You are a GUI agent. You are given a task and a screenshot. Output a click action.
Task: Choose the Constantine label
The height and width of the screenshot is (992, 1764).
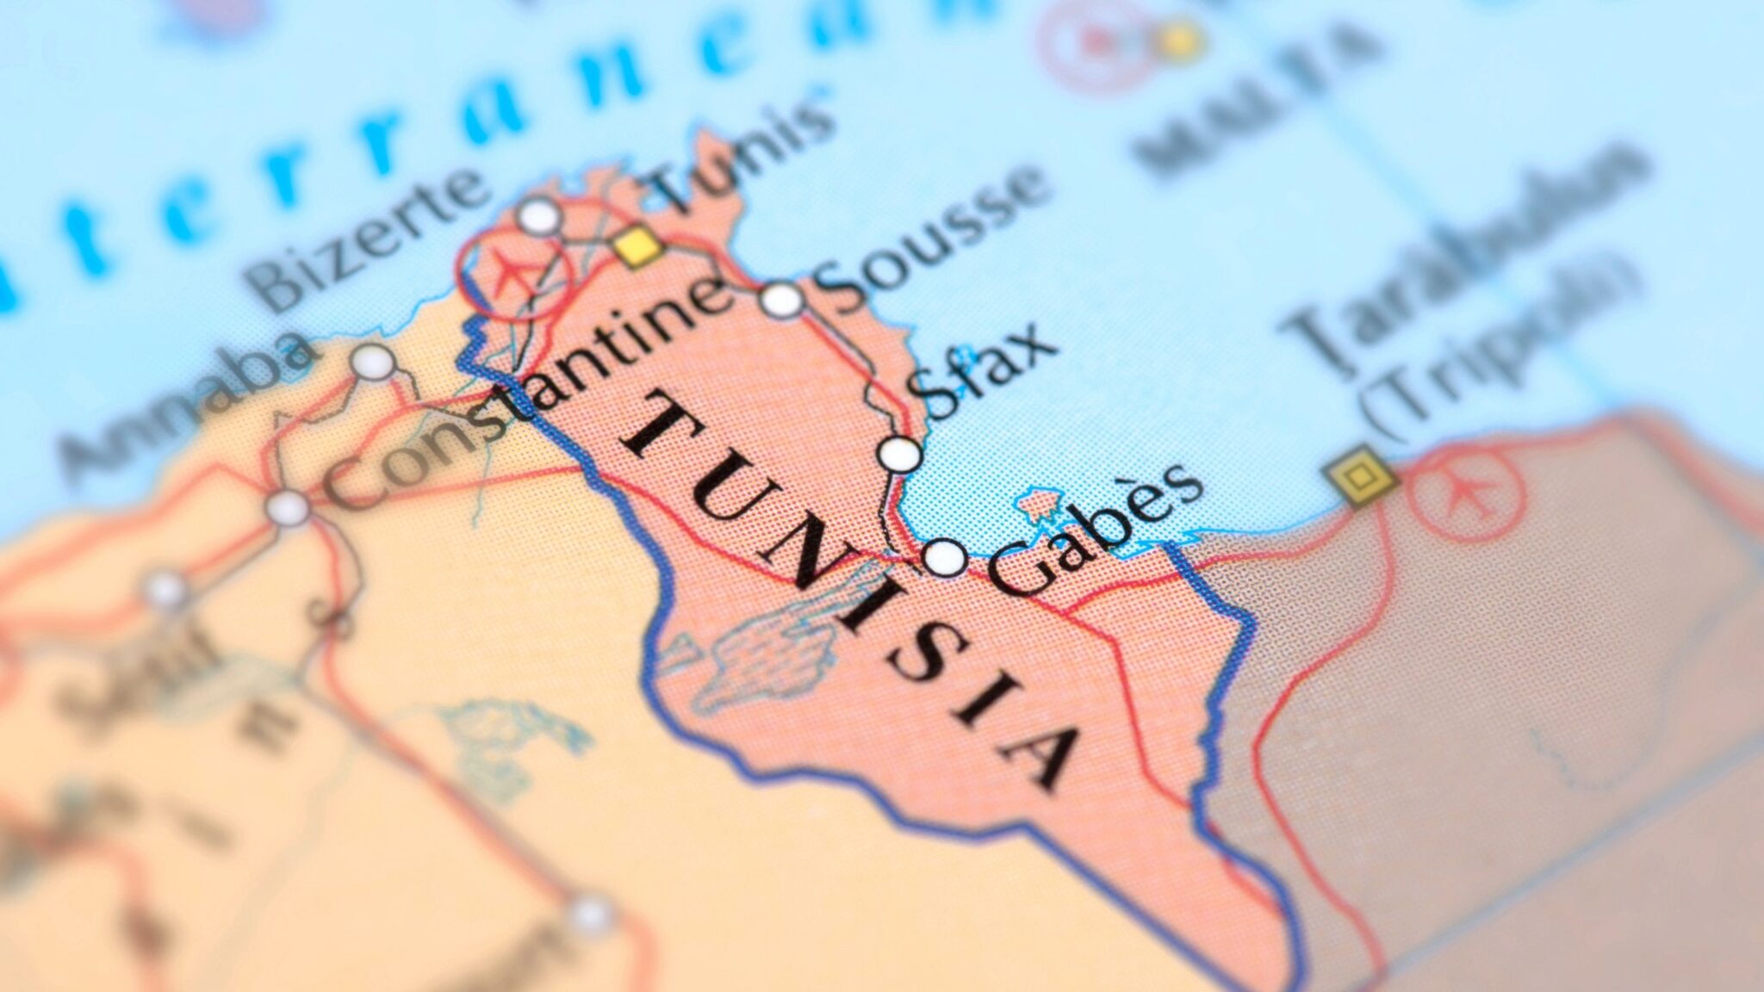525,396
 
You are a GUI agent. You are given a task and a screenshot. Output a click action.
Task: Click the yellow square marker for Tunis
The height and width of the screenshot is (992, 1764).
638,247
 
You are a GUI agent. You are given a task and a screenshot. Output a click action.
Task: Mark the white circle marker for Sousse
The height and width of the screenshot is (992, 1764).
782,300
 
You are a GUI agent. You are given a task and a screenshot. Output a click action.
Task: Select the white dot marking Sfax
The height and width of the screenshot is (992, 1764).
901,454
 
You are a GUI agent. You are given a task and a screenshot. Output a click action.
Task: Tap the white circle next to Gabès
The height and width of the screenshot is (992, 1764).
945,557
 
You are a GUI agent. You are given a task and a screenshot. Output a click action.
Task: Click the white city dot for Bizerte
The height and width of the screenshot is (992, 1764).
539,216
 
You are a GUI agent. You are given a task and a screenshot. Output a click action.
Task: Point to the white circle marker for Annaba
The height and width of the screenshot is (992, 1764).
373,363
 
